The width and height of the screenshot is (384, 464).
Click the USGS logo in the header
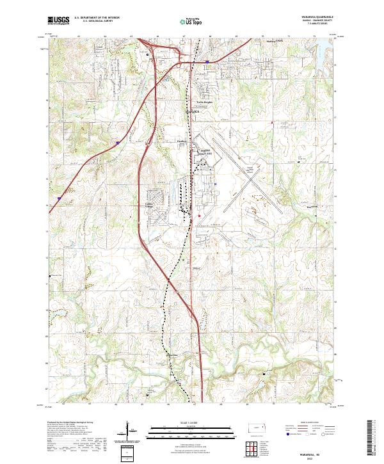(58, 20)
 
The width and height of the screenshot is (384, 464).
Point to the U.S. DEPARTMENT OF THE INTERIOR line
(96, 18)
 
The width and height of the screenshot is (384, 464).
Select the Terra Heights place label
(204, 102)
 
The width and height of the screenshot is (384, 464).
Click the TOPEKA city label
(193, 111)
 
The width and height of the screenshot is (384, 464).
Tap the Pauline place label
(181, 142)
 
